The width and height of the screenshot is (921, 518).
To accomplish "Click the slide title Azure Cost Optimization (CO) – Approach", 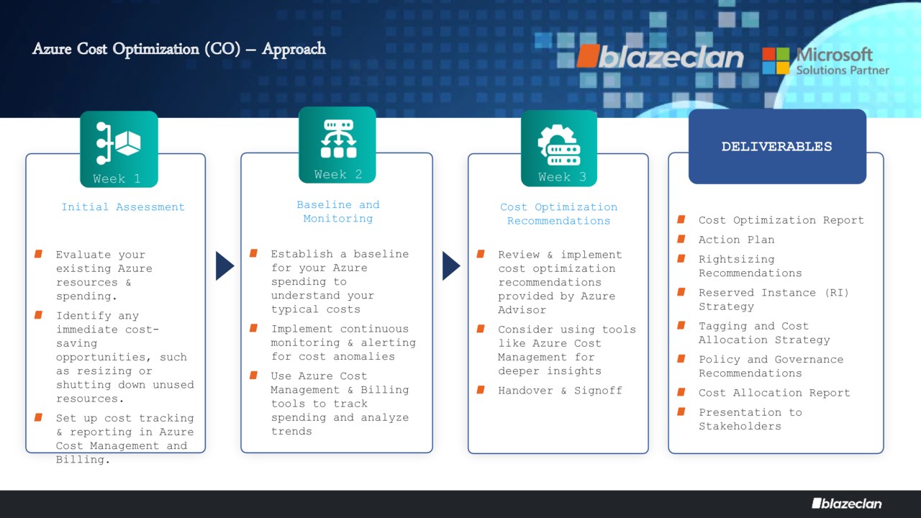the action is pyautogui.click(x=179, y=49).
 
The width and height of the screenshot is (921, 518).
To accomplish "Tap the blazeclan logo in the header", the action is pyautogui.click(x=661, y=56).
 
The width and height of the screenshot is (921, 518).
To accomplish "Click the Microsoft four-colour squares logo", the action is pyautogui.click(x=776, y=60).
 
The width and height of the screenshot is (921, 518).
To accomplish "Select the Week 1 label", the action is pyautogui.click(x=117, y=178).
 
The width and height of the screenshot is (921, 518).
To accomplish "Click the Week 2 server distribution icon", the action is pyautogui.click(x=338, y=139).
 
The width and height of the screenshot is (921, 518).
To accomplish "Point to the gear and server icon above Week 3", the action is pyautogui.click(x=559, y=145).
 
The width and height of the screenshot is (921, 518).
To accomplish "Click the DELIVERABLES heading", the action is pyautogui.click(x=776, y=146).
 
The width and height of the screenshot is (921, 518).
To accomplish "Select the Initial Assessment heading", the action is pyautogui.click(x=123, y=206).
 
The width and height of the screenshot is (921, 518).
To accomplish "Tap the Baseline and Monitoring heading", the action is pyautogui.click(x=338, y=212).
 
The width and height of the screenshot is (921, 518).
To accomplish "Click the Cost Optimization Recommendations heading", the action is pyautogui.click(x=558, y=214).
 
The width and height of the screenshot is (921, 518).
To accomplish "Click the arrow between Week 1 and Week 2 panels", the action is pyautogui.click(x=224, y=266).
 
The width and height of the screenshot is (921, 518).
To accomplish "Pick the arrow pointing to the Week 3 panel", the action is pyautogui.click(x=451, y=266).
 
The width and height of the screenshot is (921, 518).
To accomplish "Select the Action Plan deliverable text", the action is pyautogui.click(x=736, y=240).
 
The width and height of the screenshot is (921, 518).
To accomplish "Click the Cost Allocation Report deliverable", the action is pyautogui.click(x=774, y=393).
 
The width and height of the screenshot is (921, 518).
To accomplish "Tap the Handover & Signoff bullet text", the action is pyautogui.click(x=560, y=391).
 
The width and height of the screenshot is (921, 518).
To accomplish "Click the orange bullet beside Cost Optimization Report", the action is pyautogui.click(x=681, y=219).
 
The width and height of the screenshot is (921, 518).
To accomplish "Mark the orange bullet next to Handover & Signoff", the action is pyautogui.click(x=481, y=390).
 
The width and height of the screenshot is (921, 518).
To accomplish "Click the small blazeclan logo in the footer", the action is pyautogui.click(x=847, y=504).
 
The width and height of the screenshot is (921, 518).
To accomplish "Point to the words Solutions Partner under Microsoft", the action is pyautogui.click(x=843, y=71).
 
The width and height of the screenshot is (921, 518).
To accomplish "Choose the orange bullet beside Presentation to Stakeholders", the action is pyautogui.click(x=681, y=412).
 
